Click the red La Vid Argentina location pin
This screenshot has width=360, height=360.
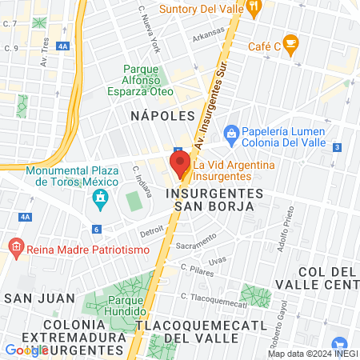click(180, 164)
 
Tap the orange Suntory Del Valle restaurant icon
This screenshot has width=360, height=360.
click(254, 8)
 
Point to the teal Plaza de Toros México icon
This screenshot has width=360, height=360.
click(100, 197)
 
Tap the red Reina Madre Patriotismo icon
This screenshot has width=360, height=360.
click(13, 246)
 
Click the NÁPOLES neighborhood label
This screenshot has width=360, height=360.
click(162, 115)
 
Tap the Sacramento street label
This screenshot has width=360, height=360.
click(196, 240)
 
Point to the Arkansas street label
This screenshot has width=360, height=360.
click(208, 34)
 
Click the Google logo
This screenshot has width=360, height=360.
click(26, 350)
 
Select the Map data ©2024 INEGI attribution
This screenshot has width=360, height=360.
click(311, 354)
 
